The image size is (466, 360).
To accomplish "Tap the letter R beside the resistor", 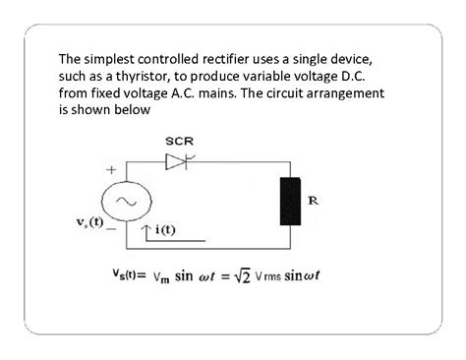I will [x=313, y=200].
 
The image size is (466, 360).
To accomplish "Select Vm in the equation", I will [x=163, y=276].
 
